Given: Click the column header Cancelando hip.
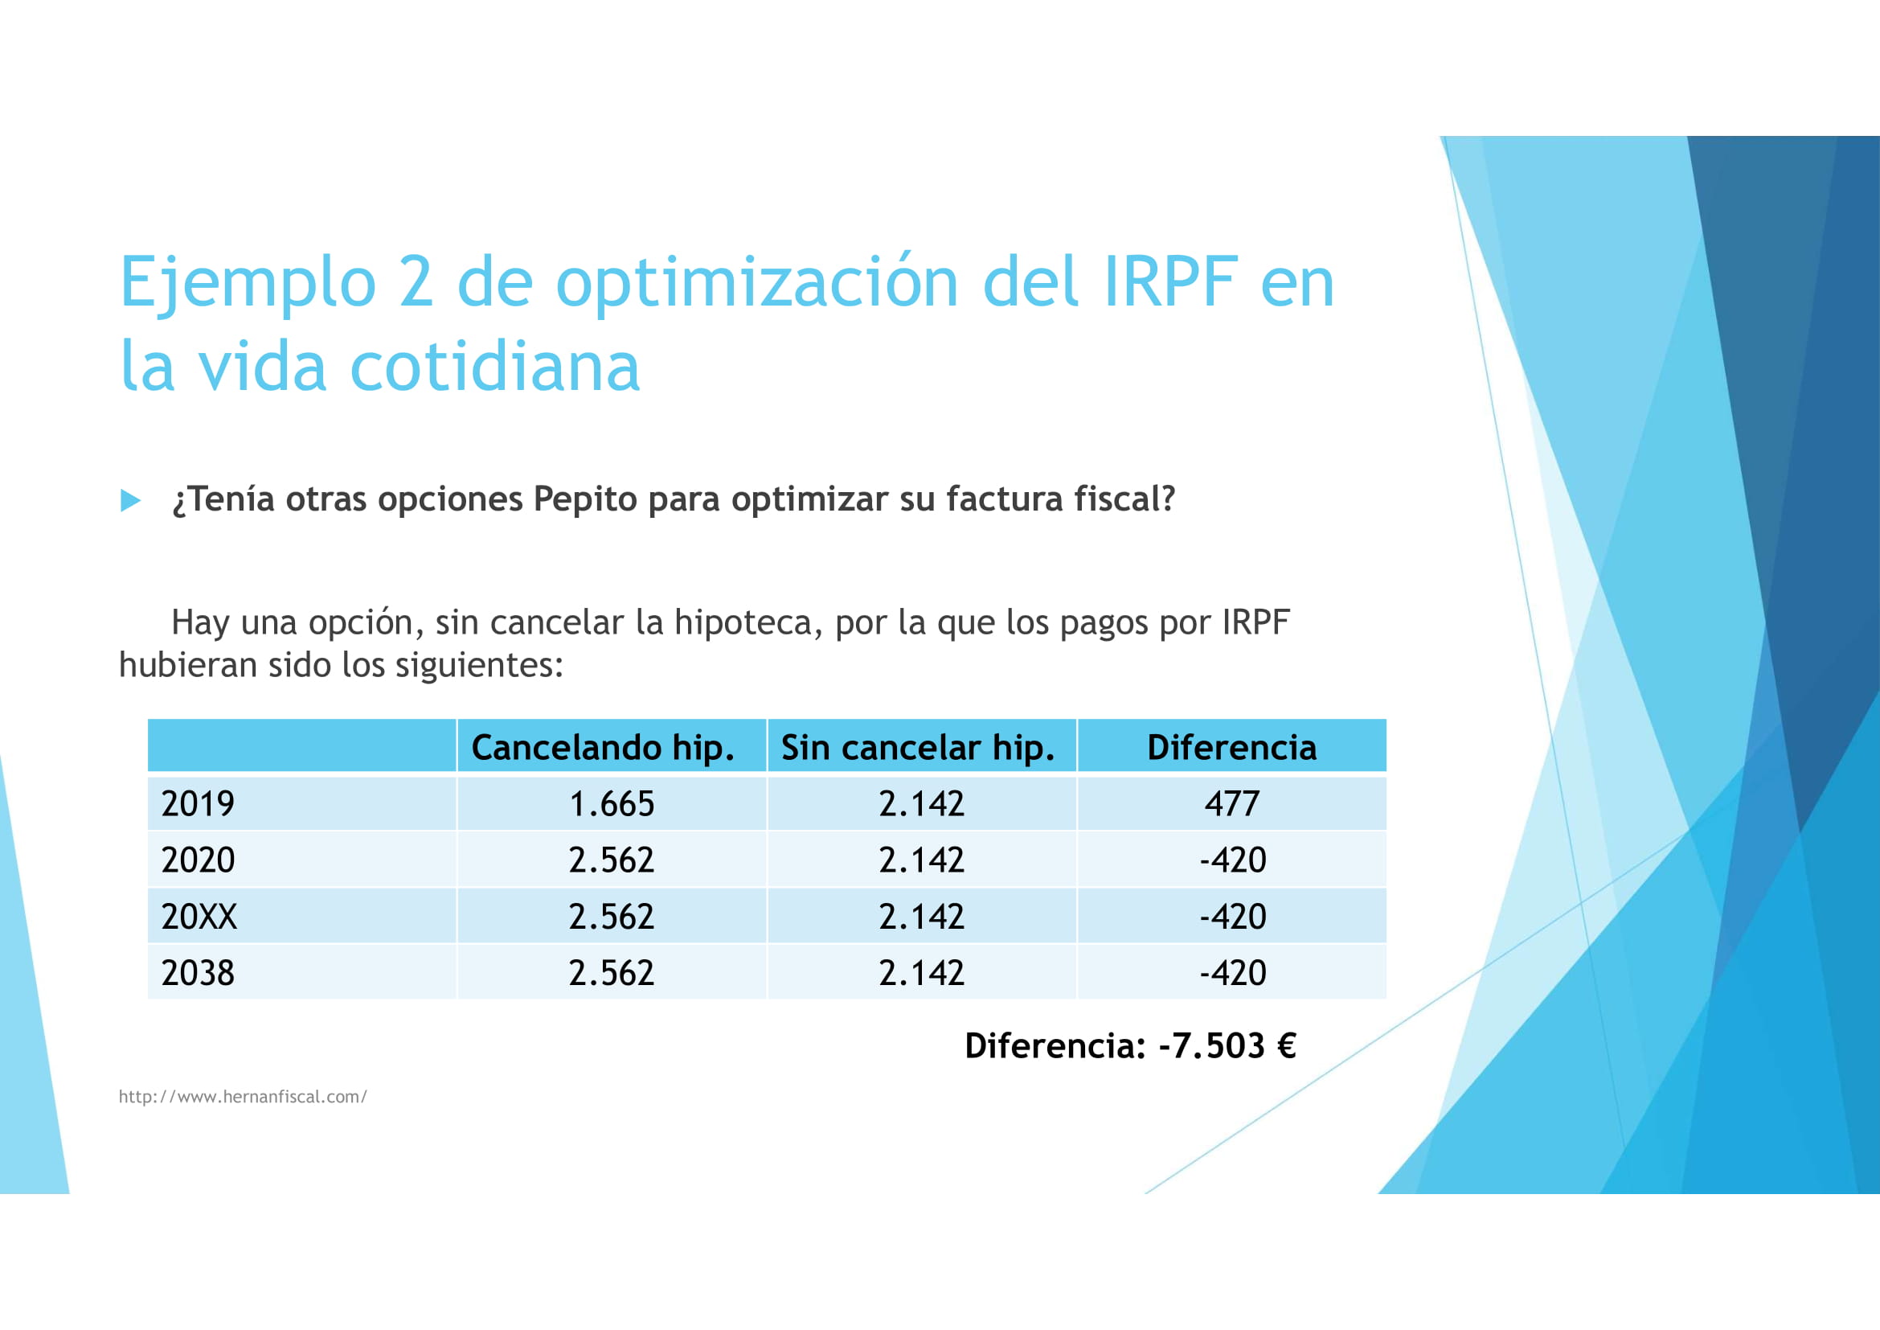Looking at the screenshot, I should point(603,748).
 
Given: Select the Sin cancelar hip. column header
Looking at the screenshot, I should point(918,748).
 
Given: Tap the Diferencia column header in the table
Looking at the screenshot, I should point(1231,748).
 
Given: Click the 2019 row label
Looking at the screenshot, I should point(199,803).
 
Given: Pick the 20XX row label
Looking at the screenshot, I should point(199,917).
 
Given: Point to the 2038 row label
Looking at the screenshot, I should point(199,973).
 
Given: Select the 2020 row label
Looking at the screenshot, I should point(199,860).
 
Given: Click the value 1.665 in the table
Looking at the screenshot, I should point(612,803).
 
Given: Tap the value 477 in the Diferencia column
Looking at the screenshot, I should point(1231,803).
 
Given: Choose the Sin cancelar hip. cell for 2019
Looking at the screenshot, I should point(921,803).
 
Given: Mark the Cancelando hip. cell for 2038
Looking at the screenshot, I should point(612,973).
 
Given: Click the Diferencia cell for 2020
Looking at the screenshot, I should point(1232,860).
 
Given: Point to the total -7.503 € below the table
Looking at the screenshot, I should point(1227,1046).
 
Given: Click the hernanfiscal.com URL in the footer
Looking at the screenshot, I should point(244,1097).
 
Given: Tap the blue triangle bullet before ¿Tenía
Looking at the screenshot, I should point(130,500).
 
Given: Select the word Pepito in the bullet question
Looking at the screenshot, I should point(584,499).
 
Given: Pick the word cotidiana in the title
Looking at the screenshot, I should point(494,367).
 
